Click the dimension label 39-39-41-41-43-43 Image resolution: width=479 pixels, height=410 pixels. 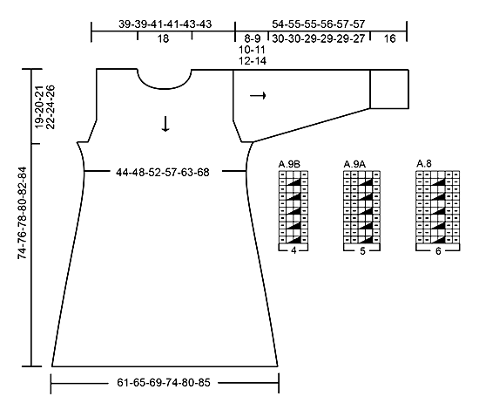[165, 24]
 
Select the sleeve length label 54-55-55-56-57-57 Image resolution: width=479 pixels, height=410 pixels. [318, 24]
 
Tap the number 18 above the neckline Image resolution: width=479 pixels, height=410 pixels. [163, 39]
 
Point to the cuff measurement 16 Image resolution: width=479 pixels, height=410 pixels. [389, 39]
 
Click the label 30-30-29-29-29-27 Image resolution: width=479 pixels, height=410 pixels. [318, 39]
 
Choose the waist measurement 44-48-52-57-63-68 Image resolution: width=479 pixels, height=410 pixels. [163, 173]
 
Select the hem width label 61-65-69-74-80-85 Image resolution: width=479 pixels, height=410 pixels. [164, 383]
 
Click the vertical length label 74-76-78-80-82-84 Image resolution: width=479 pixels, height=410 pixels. [23, 213]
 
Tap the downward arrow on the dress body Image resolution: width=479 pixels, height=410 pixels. [165, 124]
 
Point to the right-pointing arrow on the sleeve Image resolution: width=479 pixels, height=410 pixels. [258, 96]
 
